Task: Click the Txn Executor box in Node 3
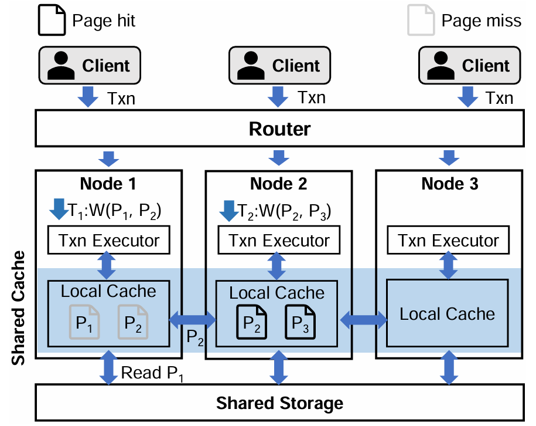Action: click(448, 241)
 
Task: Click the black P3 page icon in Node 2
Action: click(299, 322)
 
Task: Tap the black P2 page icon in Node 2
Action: click(251, 322)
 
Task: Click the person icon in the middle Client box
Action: click(250, 66)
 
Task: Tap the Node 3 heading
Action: click(449, 184)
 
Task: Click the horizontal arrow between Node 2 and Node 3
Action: click(364, 320)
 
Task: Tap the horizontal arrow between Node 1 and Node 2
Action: click(193, 320)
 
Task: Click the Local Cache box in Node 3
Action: click(447, 314)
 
